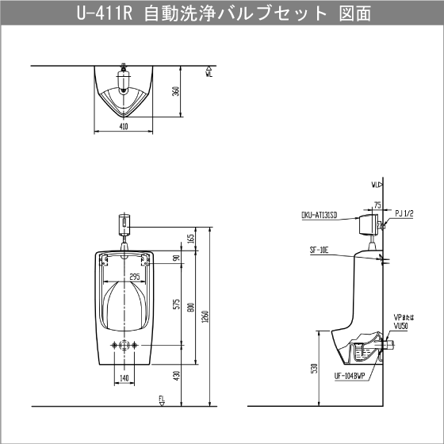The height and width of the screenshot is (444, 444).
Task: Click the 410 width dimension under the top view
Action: [123, 125]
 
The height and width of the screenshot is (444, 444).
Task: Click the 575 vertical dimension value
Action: [176, 305]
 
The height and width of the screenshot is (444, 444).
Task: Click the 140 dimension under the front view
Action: [123, 378]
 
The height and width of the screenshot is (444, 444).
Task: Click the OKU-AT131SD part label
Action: [320, 215]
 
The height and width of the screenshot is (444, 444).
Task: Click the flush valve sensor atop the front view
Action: [124, 223]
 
